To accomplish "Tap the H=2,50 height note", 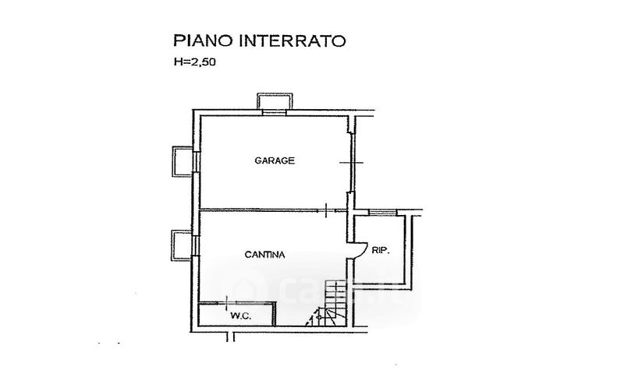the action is (195, 62).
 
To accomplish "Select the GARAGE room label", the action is (275, 160).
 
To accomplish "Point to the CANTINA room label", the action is (264, 255).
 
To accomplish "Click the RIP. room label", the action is (381, 250).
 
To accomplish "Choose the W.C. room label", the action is (241, 316).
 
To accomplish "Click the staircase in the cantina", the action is (335, 303).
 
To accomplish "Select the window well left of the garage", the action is (183, 161).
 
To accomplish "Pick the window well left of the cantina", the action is (183, 245).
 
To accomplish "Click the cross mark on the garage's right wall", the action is (352, 163).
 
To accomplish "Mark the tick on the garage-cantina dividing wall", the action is (326, 210).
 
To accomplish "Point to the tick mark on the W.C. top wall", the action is (226, 303).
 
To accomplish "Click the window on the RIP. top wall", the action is (382, 213).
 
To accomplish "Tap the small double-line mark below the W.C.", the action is (230, 337).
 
